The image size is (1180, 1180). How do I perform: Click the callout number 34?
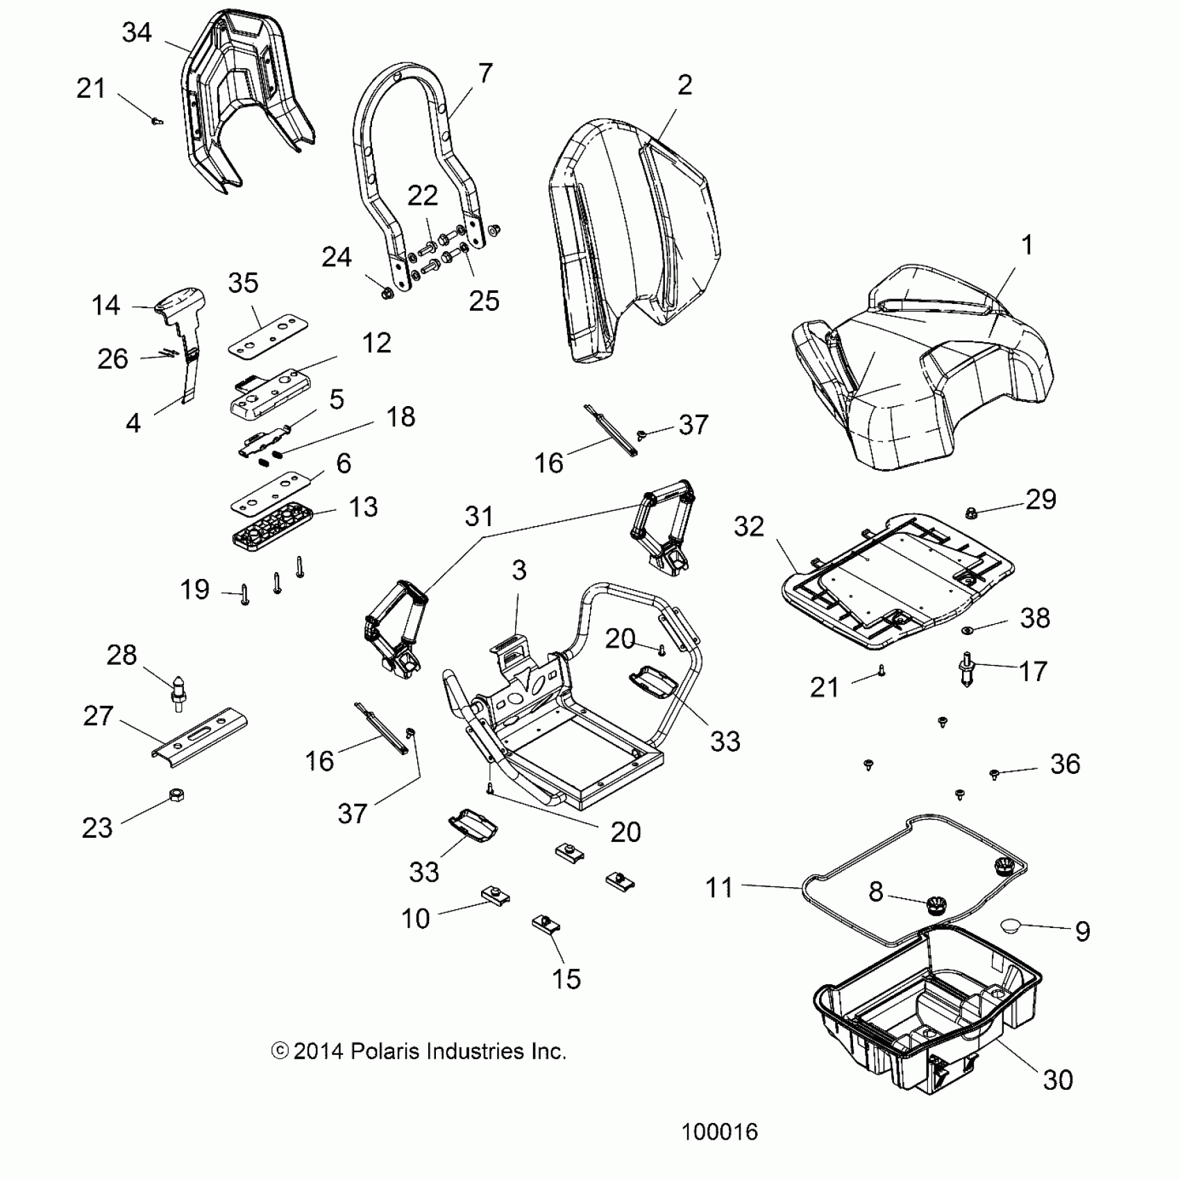click(136, 33)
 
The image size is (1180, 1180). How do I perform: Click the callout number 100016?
click(719, 1132)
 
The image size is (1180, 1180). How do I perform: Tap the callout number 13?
click(362, 507)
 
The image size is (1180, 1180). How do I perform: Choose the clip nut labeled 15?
click(546, 925)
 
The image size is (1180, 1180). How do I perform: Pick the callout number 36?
click(1065, 764)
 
